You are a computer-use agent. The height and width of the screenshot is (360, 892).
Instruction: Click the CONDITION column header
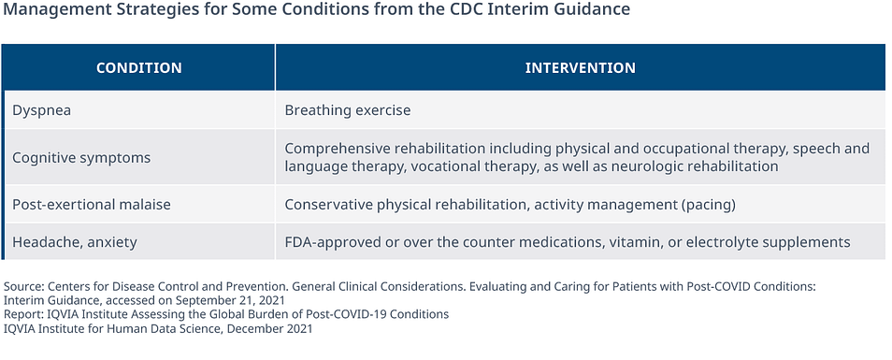pyautogui.click(x=138, y=67)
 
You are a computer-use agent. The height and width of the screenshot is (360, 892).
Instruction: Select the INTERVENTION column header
pyautogui.click(x=581, y=67)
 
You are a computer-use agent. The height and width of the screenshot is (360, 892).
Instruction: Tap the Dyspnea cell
pyautogui.click(x=41, y=110)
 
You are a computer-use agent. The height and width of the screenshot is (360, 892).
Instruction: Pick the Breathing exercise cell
pyautogui.click(x=348, y=109)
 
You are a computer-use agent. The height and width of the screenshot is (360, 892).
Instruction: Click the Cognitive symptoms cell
pyautogui.click(x=81, y=157)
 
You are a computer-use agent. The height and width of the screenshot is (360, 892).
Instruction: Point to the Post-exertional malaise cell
pyautogui.click(x=92, y=204)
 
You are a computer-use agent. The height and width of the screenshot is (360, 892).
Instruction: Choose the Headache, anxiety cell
pyautogui.click(x=75, y=242)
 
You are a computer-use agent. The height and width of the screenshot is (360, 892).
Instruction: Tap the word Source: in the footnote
pyautogui.click(x=24, y=287)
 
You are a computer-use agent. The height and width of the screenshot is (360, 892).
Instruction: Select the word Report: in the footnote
pyautogui.click(x=22, y=314)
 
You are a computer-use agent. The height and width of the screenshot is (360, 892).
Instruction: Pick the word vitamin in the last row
pyautogui.click(x=629, y=242)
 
